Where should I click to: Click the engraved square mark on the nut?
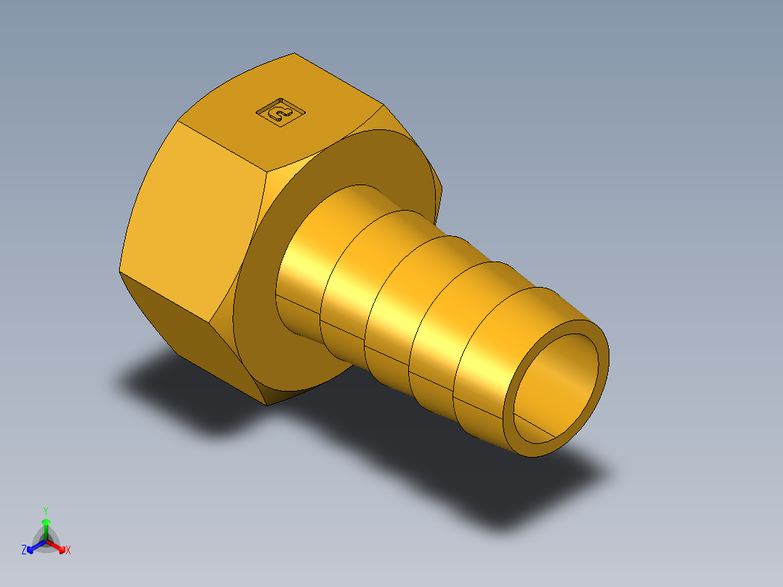pos(280,113)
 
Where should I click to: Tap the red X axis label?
pos(68,551)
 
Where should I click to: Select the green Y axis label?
pos(45,510)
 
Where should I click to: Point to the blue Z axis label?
pos(24,551)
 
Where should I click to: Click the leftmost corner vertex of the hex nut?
pos(120,273)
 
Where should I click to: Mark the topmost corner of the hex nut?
pos(294,53)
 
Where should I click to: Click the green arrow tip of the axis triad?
pos(46,521)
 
